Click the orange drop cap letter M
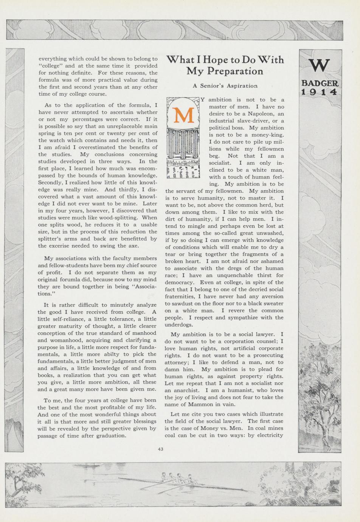[x=183, y=115]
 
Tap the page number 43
[x=161, y=449]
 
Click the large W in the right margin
[x=320, y=65]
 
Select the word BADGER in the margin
[x=320, y=83]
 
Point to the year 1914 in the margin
[x=320, y=92]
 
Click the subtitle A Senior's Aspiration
[x=225, y=86]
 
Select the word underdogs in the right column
[x=179, y=325]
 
